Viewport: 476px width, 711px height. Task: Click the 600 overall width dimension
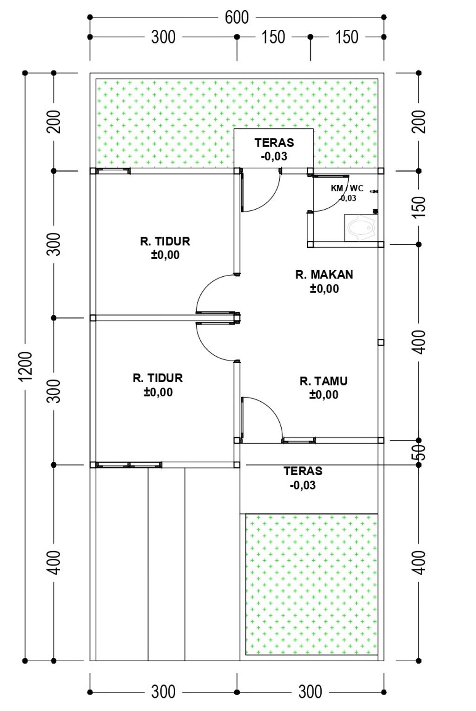pyautogui.click(x=237, y=17)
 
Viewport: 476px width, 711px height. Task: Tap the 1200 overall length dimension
pyautogui.click(x=26, y=366)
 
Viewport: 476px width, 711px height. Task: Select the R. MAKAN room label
pyautogui.click(x=324, y=274)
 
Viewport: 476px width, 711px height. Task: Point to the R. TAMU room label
pyautogui.click(x=324, y=381)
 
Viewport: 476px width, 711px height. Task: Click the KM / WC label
pyautogui.click(x=347, y=188)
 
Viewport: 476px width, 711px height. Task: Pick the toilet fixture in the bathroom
pyautogui.click(x=361, y=227)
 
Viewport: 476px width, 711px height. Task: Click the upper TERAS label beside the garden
pyautogui.click(x=274, y=142)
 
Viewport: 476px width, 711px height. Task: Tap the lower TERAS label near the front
pyautogui.click(x=303, y=471)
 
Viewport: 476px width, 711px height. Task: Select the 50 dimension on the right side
pyautogui.click(x=419, y=452)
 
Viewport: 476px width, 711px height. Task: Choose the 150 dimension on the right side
pyautogui.click(x=419, y=207)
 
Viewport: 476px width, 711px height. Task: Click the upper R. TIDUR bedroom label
pyautogui.click(x=165, y=241)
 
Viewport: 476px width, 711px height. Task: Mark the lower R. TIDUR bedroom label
pyautogui.click(x=158, y=378)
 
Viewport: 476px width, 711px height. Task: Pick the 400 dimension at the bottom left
pyautogui.click(x=53, y=562)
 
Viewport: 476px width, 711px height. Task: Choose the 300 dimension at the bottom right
pyautogui.click(x=310, y=692)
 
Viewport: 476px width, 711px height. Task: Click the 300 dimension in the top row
pyautogui.click(x=163, y=37)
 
